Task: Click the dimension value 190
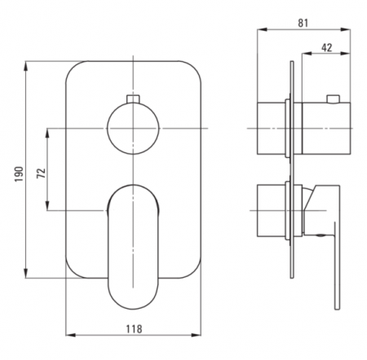pos(20,174)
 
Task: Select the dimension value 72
pos(42,173)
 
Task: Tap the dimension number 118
pos(134,329)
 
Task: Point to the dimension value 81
pos(303,23)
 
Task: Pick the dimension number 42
pos(326,47)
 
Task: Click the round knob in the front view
pos(133,128)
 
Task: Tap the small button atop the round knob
pos(133,99)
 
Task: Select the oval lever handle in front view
pos(133,247)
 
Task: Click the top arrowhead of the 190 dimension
pos(26,66)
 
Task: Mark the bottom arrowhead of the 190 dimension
pos(26,273)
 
